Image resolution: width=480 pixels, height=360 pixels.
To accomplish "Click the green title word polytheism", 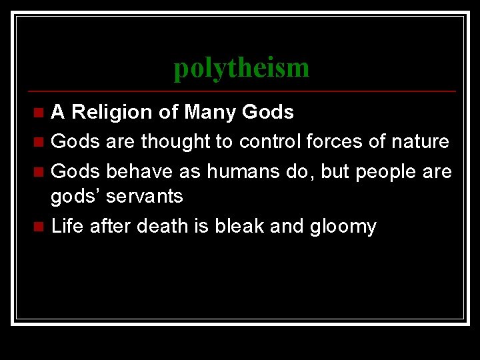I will pyautogui.click(x=241, y=68).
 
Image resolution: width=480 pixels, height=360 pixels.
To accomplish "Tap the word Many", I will pyautogui.click(x=211, y=112).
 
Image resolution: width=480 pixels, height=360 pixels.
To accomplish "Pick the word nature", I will pyautogui.click(x=423, y=141).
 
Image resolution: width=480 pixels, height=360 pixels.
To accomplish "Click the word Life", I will pyautogui.click(x=68, y=226).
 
